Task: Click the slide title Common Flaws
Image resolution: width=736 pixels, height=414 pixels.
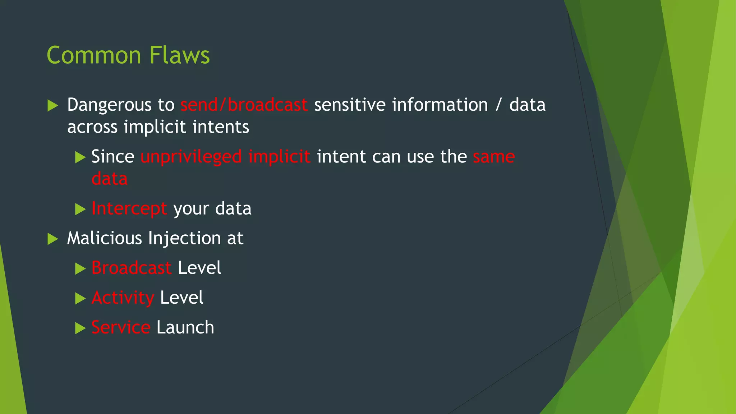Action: point(128,55)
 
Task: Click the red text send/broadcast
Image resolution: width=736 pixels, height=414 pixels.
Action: point(244,105)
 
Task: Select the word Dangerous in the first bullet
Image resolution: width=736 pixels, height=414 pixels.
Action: point(109,105)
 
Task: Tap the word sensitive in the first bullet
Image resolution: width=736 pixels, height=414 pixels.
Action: point(350,105)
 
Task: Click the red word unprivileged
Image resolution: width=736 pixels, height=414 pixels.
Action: point(191,157)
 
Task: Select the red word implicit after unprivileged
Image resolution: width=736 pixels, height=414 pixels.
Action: point(279,157)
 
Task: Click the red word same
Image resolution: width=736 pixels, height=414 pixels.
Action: point(494,157)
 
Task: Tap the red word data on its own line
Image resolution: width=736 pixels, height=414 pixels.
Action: point(109,179)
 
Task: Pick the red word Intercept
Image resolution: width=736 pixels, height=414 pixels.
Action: point(129,209)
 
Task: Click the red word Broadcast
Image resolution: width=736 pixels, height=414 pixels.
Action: point(131,268)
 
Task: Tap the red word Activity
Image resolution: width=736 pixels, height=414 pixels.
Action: point(123,298)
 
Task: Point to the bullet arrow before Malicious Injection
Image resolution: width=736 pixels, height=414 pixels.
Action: point(52,239)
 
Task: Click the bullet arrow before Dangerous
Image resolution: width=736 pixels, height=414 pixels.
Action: point(52,106)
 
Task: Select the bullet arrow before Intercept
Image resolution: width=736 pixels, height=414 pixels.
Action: point(80,210)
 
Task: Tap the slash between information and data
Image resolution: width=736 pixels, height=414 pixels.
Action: point(498,105)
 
